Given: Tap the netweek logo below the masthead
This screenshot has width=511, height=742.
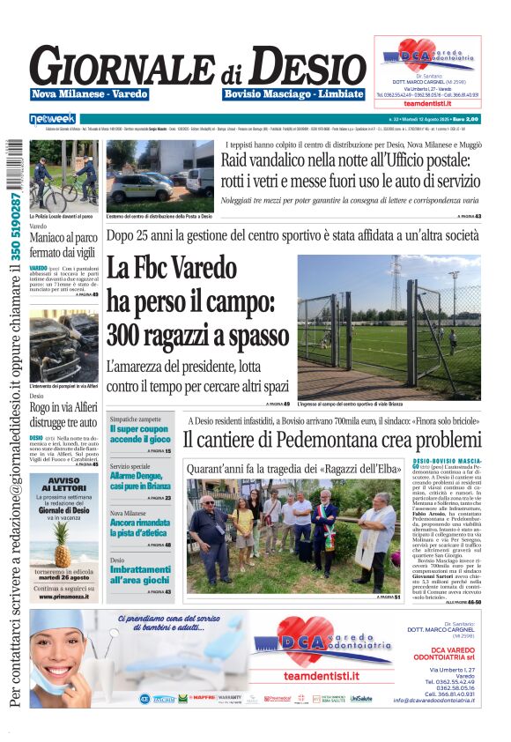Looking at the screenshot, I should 53,118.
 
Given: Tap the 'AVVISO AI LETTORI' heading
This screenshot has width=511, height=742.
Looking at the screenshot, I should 63,486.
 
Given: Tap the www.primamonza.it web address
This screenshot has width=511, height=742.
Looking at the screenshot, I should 63,596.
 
